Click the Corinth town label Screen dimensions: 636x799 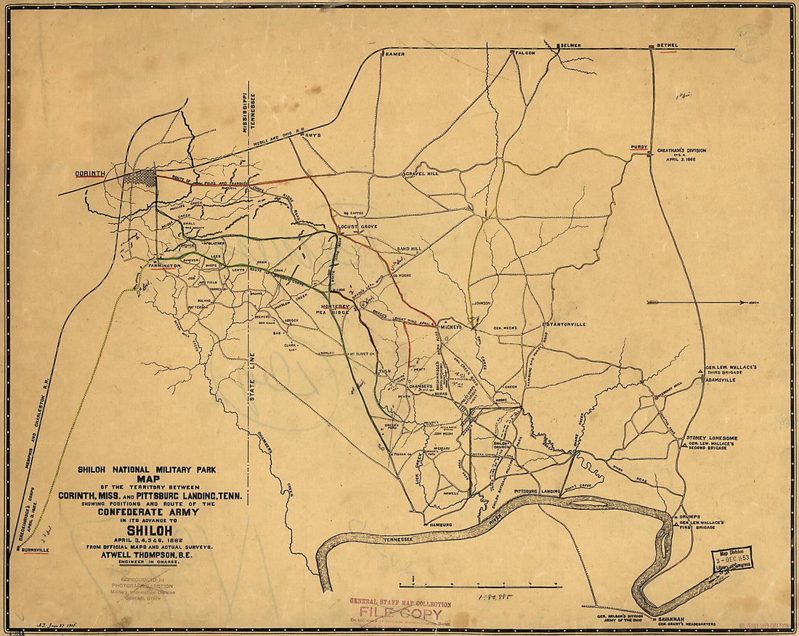(x=90, y=174)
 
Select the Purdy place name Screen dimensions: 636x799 (x=639, y=147)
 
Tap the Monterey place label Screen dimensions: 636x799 (x=335, y=307)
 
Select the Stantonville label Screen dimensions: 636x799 (x=566, y=323)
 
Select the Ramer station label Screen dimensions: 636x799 (x=394, y=54)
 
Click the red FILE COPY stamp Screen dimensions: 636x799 (x=401, y=613)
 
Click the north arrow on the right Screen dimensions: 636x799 (x=697, y=302)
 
